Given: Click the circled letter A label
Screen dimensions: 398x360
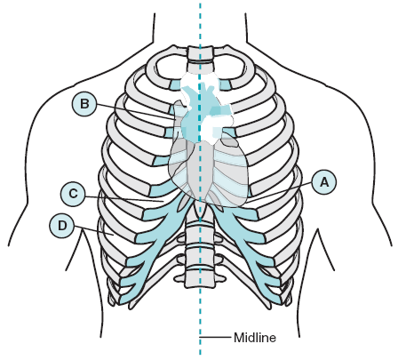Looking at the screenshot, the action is coord(325,182).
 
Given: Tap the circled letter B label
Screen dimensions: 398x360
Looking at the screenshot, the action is coord(84,104).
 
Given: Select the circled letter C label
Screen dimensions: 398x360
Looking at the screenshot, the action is coord(73,194).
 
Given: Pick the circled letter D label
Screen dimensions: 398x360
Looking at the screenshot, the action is coord(62,226).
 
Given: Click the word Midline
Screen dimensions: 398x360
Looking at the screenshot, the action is coord(255,338).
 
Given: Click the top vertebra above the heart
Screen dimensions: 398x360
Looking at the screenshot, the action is coord(200,52).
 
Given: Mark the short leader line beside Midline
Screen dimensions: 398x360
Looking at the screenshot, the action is coord(216,337).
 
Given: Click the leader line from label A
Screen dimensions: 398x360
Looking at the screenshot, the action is coord(279,193).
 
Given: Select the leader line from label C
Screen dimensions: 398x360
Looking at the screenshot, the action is coord(123,199).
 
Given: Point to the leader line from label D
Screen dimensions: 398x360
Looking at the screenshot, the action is coord(94,231).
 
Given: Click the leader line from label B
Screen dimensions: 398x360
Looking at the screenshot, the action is coord(136,112).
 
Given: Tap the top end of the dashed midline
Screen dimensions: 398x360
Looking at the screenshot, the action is coord(201,4).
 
